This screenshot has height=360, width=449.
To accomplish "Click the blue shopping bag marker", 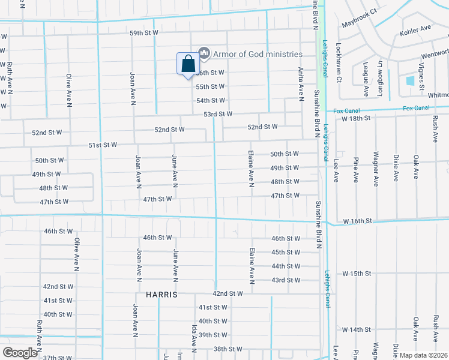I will point(188,64).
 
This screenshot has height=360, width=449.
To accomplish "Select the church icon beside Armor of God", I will point(204,54).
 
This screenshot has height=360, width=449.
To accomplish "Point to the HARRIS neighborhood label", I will point(161,295).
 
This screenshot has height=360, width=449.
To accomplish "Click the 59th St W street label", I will point(143,32).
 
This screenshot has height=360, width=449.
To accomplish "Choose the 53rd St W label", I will point(217,113).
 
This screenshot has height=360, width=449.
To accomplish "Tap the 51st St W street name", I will point(103,145).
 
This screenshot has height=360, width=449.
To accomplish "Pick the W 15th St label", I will point(357,274).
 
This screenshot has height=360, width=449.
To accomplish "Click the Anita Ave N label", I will point(301,82).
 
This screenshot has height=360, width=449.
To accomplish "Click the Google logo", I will point(20,353).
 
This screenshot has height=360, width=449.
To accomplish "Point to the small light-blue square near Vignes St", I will point(410,81).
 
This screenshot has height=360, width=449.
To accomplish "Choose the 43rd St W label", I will point(285,280).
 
